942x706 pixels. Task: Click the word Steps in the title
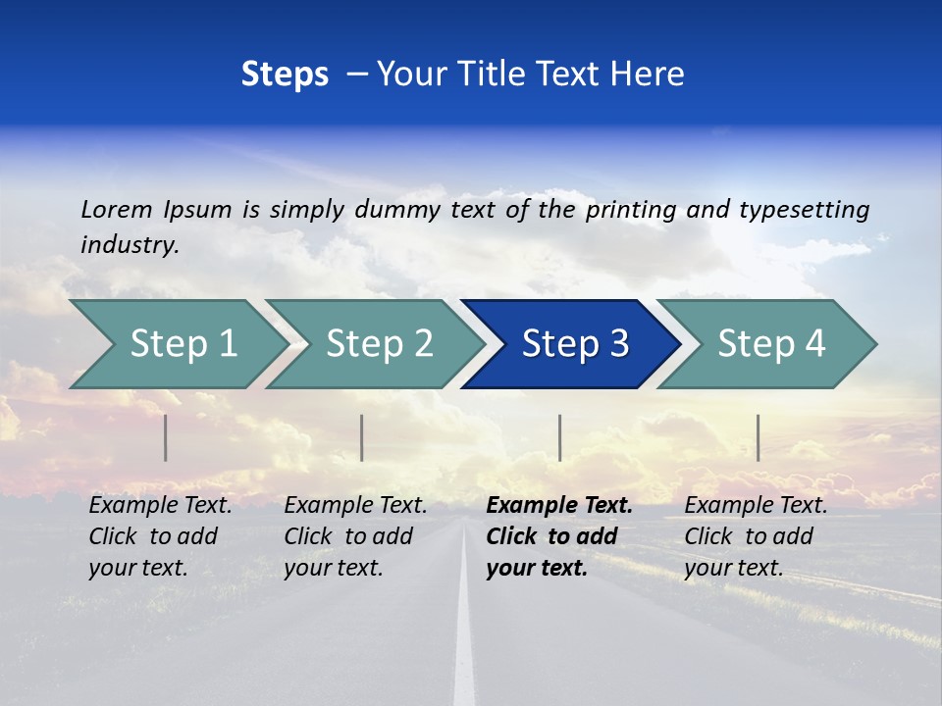(x=285, y=75)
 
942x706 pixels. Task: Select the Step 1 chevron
(x=177, y=343)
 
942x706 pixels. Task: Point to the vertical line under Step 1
(x=166, y=437)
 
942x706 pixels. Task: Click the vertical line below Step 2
(x=362, y=437)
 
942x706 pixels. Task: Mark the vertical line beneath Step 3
(x=559, y=437)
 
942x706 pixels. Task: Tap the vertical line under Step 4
(x=758, y=437)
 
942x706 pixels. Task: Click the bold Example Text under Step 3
(x=559, y=506)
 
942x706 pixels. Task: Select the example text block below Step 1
(x=160, y=536)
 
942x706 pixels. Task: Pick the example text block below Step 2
(x=355, y=536)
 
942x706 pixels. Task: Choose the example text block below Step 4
(x=756, y=536)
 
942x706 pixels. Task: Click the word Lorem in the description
(x=116, y=209)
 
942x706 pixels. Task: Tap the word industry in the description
(x=129, y=245)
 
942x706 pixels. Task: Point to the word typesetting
(x=804, y=210)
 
